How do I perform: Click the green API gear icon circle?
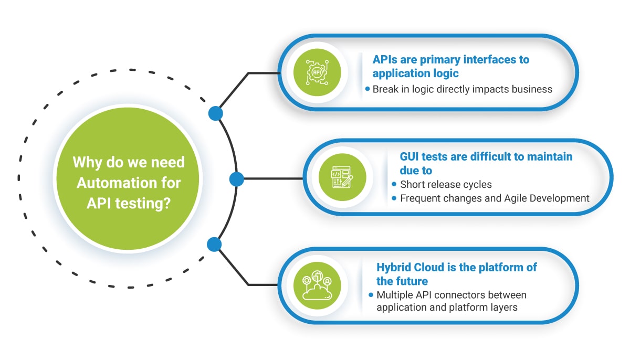(317, 72)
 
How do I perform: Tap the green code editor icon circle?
(342, 177)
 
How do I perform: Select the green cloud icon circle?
(317, 285)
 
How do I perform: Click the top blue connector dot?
(216, 113)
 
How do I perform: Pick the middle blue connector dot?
(237, 179)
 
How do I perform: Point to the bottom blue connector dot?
(214, 244)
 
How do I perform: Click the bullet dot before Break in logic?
(367, 89)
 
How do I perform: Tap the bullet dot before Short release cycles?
(394, 184)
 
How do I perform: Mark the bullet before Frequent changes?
(394, 198)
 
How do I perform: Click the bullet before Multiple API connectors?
(371, 295)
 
